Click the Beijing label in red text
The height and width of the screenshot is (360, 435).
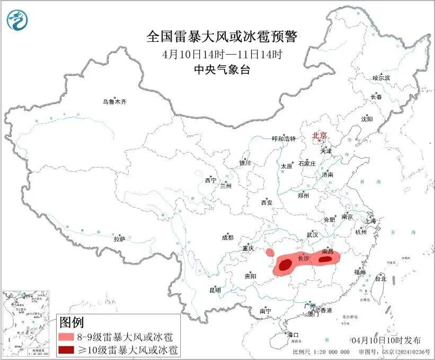click(x=319, y=135)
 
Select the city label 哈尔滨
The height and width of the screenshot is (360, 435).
click(x=380, y=78)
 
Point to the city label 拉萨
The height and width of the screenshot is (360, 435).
click(x=119, y=239)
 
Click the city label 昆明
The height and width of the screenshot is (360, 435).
click(x=215, y=290)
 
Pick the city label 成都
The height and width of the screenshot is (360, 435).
click(x=227, y=238)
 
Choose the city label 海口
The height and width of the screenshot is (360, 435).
click(x=292, y=335)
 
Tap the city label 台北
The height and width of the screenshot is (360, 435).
click(x=380, y=278)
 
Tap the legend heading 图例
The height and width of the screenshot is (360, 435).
click(x=72, y=322)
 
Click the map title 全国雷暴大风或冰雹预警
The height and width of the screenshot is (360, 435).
click(x=222, y=37)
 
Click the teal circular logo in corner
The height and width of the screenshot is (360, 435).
click(x=17, y=20)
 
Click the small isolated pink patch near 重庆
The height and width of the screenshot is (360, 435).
click(x=270, y=252)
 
